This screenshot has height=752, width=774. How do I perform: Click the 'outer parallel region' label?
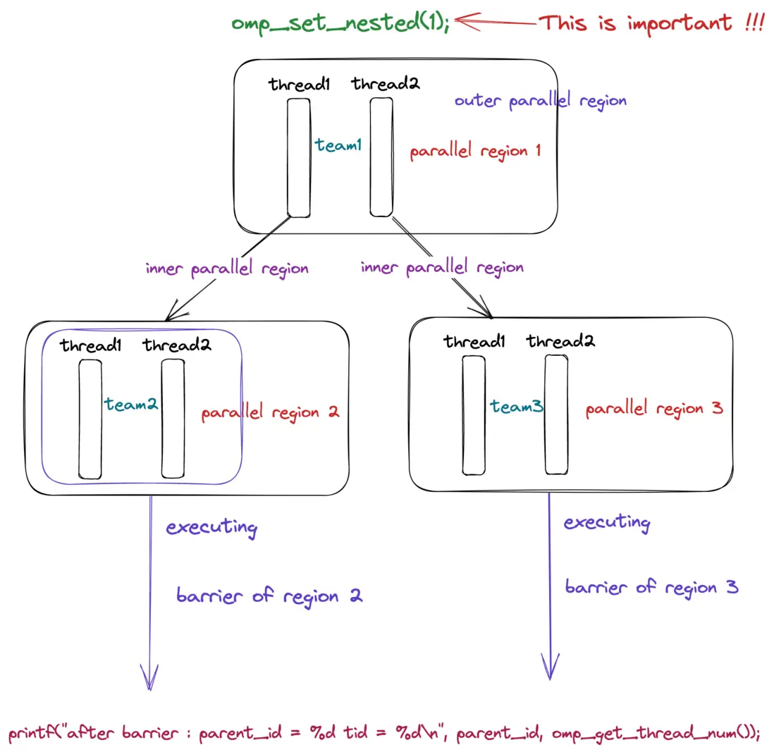540,101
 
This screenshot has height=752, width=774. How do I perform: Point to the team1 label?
339,145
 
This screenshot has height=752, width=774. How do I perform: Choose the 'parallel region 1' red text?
475,151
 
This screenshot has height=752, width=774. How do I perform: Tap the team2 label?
131,405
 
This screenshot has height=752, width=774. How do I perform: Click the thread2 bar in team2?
173,419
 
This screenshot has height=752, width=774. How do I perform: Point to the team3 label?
517,406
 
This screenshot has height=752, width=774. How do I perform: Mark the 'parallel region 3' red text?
653,409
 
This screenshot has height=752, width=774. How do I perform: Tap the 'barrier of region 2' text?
269,596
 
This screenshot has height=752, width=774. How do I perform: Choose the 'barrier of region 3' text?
651,586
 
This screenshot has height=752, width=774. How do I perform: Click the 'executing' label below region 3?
607,523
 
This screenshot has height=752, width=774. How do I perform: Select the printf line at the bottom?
384,733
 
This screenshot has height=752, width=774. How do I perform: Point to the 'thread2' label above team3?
560,343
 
